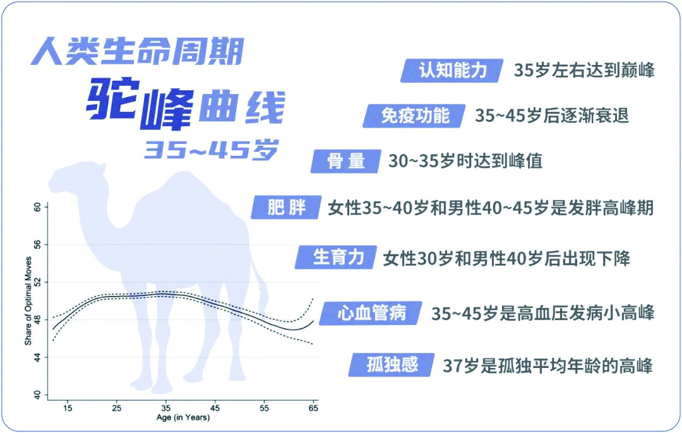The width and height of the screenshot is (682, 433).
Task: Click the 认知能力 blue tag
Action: [x=452, y=71]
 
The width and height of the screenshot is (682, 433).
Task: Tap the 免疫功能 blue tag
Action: [x=414, y=116]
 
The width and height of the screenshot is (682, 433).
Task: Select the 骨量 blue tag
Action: [x=346, y=162]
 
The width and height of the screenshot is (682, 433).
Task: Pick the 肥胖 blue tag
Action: [x=286, y=208]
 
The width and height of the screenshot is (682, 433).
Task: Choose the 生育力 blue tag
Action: [x=336, y=258]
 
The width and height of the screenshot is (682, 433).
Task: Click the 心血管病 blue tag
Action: [x=371, y=313]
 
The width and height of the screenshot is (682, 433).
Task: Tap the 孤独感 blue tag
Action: [x=392, y=365]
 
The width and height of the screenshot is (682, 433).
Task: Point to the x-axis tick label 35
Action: [x=165, y=408]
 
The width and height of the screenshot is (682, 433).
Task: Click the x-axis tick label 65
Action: [x=313, y=408]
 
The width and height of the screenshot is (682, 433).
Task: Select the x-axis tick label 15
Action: [x=68, y=408]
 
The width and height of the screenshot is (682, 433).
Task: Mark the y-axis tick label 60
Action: [x=37, y=208]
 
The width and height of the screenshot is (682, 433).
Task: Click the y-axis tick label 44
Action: [x=37, y=357]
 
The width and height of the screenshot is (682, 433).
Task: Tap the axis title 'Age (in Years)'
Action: [x=183, y=418]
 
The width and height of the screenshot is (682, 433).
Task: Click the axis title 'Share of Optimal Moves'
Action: [x=28, y=301]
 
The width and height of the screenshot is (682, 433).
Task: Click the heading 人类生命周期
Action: [x=138, y=51]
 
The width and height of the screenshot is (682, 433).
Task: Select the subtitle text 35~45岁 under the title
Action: [x=211, y=150]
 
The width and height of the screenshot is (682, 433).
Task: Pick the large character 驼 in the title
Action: [x=112, y=99]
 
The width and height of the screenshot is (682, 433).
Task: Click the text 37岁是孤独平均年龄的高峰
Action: [x=547, y=365]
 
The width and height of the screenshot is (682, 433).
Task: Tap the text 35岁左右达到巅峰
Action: [x=584, y=71]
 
